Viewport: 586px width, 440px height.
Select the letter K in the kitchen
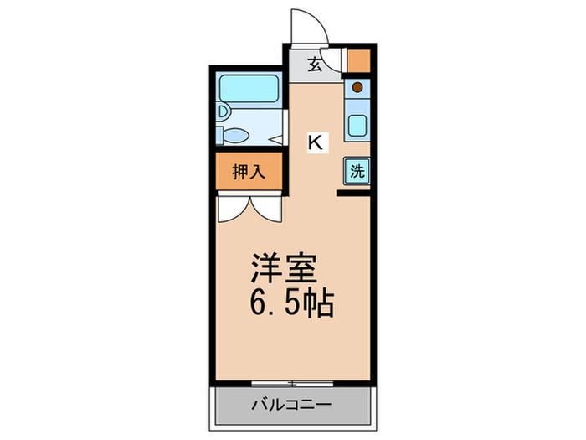point(315,142)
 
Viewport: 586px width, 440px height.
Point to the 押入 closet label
point(249,172)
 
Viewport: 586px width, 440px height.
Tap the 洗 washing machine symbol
point(357,172)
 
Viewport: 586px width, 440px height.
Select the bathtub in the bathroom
point(247,89)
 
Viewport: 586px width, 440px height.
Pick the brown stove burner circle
point(357,87)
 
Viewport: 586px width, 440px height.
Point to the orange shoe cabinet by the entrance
point(358,61)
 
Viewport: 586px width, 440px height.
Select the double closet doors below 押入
point(249,205)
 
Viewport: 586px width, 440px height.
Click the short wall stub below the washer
point(354,194)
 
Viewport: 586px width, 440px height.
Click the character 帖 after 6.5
point(318,303)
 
